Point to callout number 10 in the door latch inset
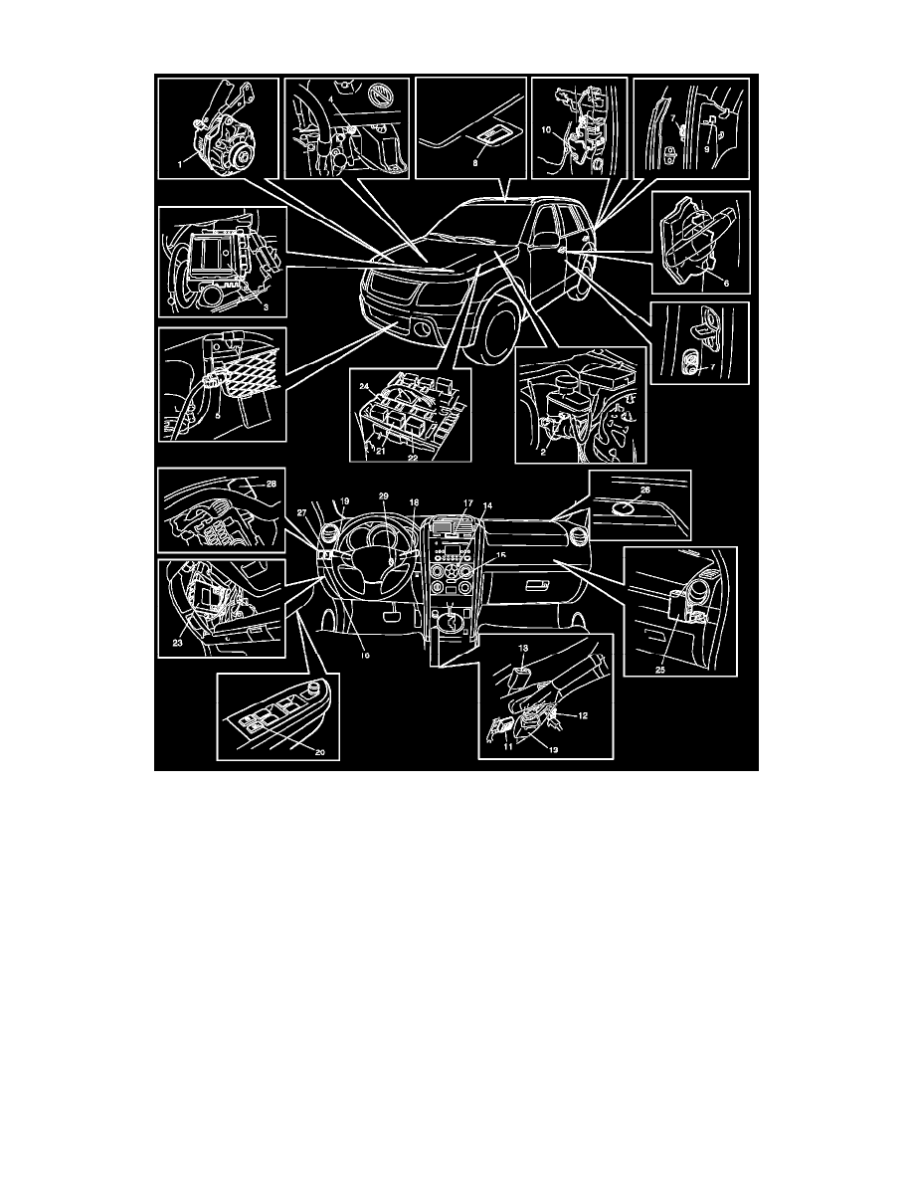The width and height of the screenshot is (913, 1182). tap(546, 128)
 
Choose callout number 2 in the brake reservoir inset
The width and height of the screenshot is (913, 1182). tap(543, 450)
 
